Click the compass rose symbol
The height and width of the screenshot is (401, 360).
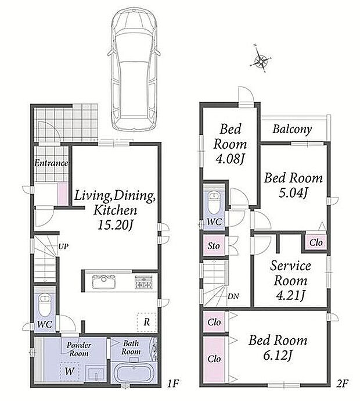(260, 59)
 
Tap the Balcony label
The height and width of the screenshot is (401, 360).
(292, 129)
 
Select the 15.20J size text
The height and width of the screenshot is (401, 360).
(116, 225)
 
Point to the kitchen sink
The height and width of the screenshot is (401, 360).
(104, 281)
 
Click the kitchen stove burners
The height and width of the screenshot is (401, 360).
(143, 282)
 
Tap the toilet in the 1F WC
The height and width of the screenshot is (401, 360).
(45, 305)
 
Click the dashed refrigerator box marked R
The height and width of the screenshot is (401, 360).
(147, 322)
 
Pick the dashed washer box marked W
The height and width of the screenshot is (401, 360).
(70, 371)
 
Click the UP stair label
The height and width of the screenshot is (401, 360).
(63, 247)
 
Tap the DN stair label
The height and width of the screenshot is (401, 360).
(233, 296)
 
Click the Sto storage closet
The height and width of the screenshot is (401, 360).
(214, 245)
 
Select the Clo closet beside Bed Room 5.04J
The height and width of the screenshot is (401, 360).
(316, 242)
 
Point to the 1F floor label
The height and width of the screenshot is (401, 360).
(173, 384)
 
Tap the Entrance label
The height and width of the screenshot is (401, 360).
(51, 163)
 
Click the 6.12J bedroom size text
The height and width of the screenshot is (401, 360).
(278, 356)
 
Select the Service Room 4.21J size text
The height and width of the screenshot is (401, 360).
(290, 296)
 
